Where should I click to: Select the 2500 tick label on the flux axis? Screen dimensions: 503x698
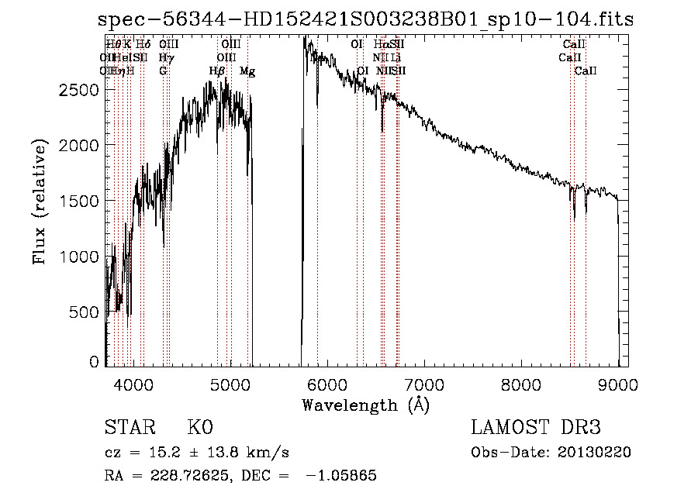(80, 90)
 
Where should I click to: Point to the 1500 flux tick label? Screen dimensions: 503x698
(80, 202)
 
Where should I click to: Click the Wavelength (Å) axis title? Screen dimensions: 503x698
(366, 405)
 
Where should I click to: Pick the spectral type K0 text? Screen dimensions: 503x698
(200, 429)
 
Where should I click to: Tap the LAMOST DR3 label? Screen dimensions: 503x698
(536, 429)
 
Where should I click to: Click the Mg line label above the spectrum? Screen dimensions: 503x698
(247, 71)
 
